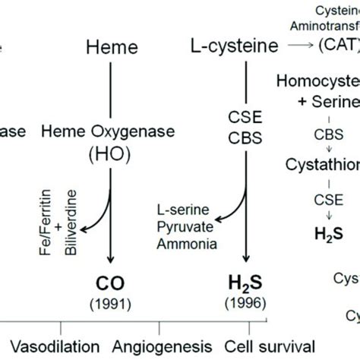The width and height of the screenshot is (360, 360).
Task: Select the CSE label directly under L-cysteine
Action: coord(245,117)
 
